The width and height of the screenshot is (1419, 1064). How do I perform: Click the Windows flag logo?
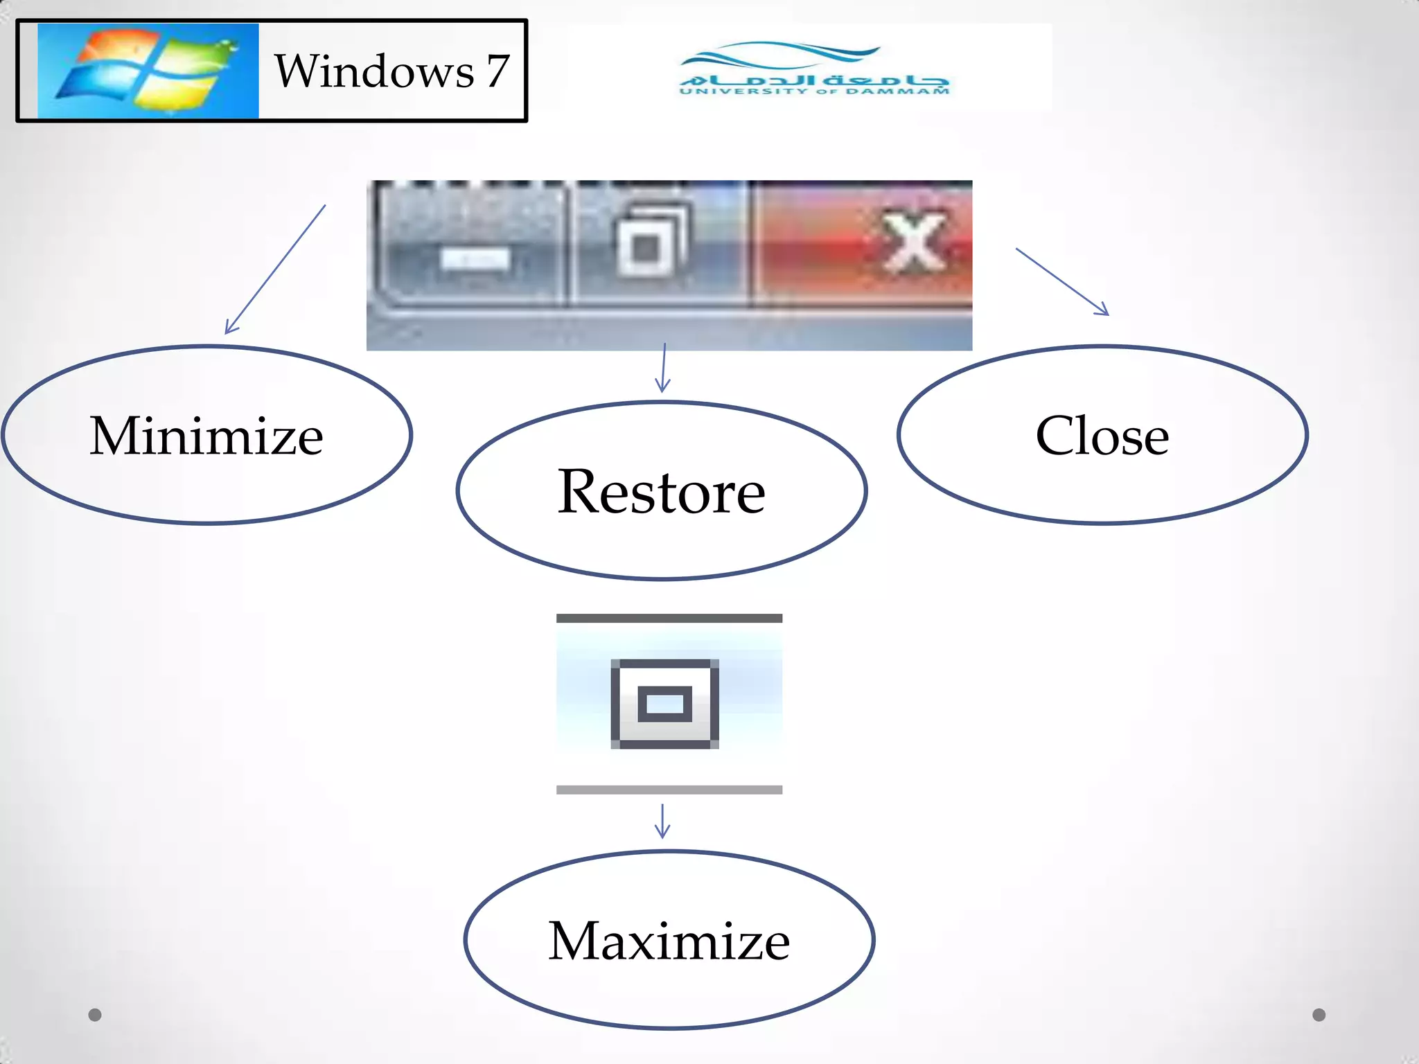click(148, 71)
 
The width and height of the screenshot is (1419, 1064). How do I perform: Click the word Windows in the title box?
click(374, 71)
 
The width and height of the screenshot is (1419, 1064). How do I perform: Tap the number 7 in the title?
click(497, 71)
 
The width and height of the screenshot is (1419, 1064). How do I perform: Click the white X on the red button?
click(913, 242)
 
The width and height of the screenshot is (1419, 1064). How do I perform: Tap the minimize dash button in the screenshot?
click(475, 259)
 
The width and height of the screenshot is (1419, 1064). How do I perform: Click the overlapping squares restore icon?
click(651, 240)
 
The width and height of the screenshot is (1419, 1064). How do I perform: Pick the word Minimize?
click(206, 436)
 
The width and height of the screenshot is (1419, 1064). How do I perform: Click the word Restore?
click(662, 492)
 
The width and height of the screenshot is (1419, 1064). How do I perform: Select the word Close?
click(1102, 436)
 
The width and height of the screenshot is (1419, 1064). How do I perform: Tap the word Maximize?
click(669, 941)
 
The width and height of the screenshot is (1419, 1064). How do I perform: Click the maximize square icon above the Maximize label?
click(664, 704)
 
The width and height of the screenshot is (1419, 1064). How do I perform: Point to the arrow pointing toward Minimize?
click(275, 269)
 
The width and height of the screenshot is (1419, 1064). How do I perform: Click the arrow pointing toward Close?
click(1062, 281)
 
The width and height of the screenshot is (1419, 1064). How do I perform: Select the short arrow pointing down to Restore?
click(664, 367)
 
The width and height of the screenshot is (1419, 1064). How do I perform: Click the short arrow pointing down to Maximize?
click(662, 821)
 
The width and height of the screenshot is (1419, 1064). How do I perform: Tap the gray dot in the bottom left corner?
click(95, 1015)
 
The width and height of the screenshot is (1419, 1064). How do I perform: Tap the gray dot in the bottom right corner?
click(1319, 1015)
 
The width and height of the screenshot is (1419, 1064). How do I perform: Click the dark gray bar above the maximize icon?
click(669, 618)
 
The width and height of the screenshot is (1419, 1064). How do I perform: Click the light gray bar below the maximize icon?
click(669, 790)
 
